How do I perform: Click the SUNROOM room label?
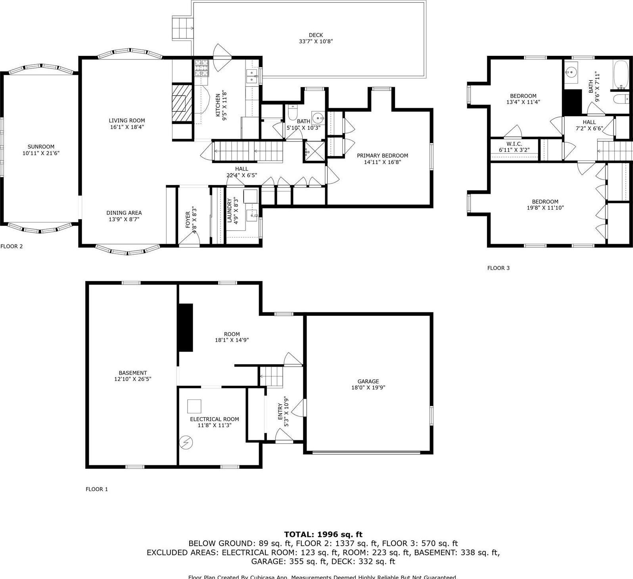pos(41,147)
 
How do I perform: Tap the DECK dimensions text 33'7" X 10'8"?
pos(315,41)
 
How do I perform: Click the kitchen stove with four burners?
pos(201,68)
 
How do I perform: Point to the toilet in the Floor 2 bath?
pos(293,113)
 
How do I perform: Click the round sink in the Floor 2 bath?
pos(318,118)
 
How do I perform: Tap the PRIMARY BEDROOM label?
pos(382,156)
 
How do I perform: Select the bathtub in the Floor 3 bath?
pos(621,75)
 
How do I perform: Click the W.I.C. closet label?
pos(514,144)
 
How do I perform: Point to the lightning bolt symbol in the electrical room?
pos(186,442)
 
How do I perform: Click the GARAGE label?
pos(368,381)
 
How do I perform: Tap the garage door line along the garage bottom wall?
pos(366,452)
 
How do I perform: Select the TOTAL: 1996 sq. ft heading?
pos(323,535)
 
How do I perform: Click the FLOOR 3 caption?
pos(498,268)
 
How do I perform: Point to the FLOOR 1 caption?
pos(97,489)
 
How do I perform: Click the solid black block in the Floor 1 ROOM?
pos(185,327)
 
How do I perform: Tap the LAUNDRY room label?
pos(230,210)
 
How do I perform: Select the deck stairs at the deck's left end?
pos(182,28)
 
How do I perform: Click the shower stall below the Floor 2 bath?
pos(314,151)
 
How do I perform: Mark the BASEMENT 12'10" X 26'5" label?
pos(132,376)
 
